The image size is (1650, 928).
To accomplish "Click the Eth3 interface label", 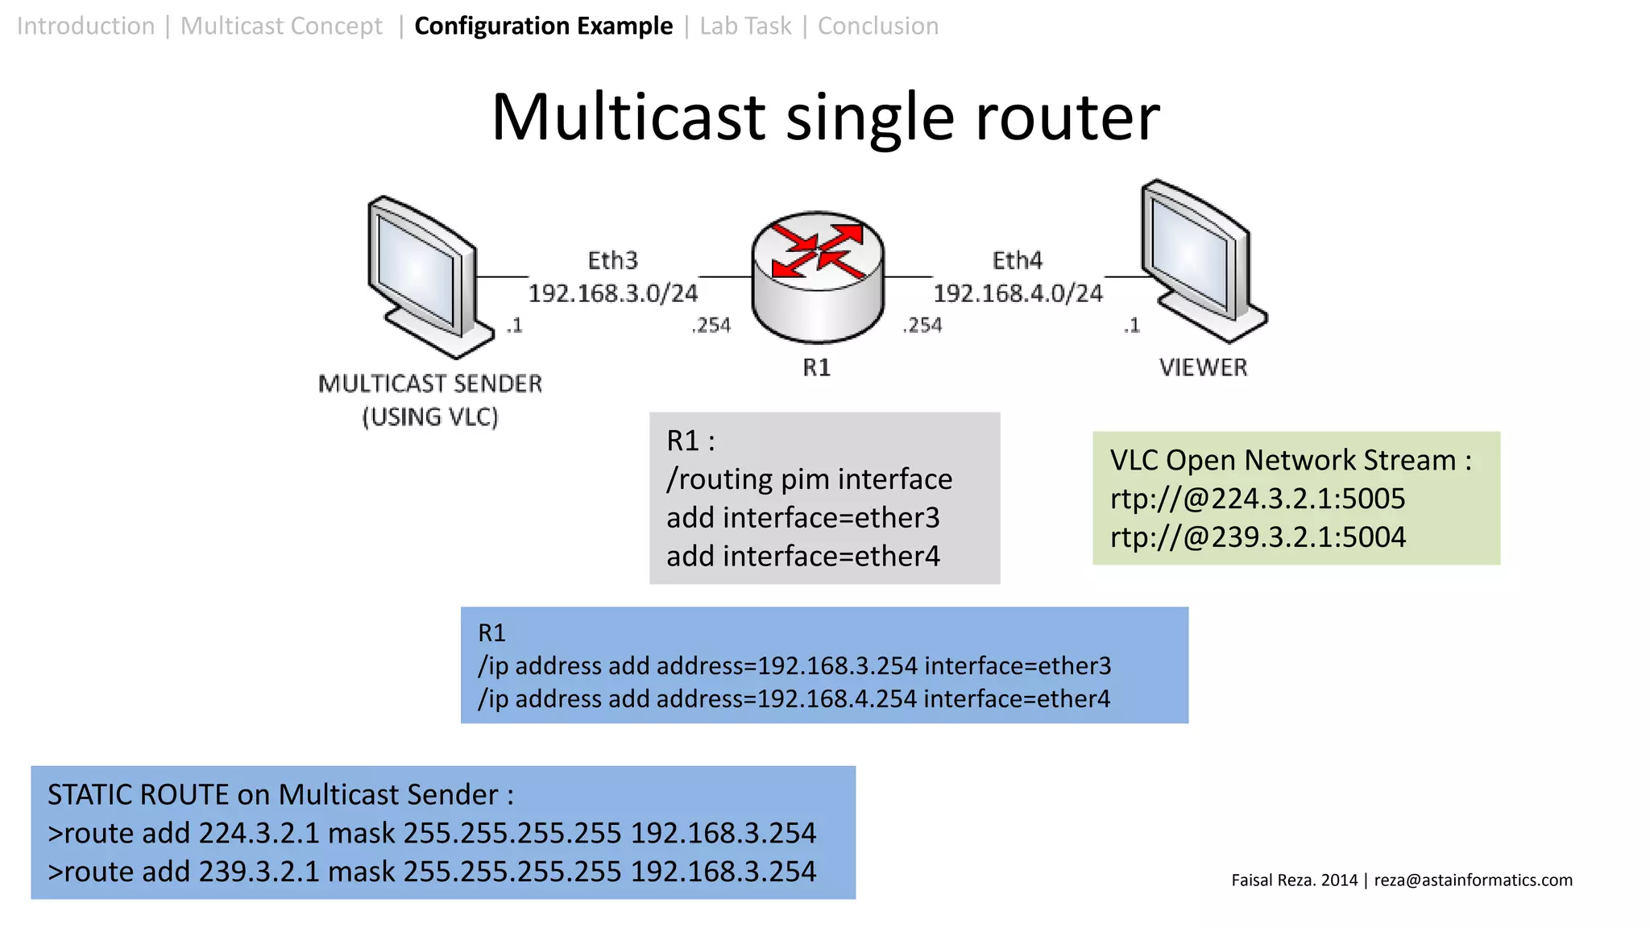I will click(612, 260).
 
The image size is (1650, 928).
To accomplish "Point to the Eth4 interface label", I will click(1017, 260).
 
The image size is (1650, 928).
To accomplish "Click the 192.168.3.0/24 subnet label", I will click(612, 293).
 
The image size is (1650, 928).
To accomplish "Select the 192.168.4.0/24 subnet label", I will click(1018, 293).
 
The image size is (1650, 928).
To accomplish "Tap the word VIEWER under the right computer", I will click(1203, 368).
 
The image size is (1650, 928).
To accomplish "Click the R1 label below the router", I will click(816, 368).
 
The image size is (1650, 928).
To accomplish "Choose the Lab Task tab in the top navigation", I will click(745, 26).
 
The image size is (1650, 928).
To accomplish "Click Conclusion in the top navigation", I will click(877, 26).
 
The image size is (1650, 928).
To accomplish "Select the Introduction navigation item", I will click(85, 26).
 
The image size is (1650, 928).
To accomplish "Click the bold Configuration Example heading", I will click(543, 26).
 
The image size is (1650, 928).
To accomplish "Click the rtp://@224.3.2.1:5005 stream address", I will click(1257, 499).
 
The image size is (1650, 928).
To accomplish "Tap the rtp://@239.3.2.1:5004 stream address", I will click(1257, 537).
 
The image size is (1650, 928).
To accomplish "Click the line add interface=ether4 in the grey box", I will click(802, 557).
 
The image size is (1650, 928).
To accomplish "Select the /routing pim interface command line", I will click(809, 479).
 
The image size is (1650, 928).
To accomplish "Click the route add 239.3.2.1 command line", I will click(432, 872).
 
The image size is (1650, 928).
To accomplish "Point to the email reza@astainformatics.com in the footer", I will click(1473, 880).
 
